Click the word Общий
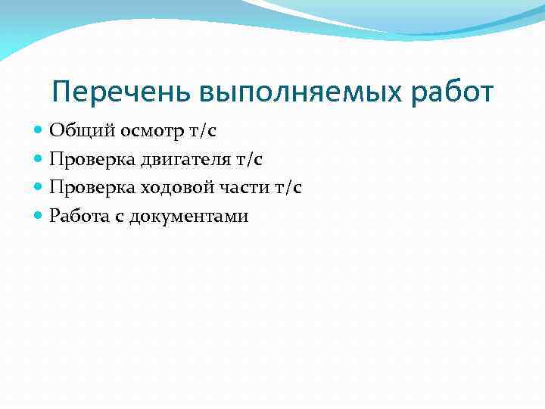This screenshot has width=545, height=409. (74, 131)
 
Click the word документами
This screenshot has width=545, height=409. (188, 217)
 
